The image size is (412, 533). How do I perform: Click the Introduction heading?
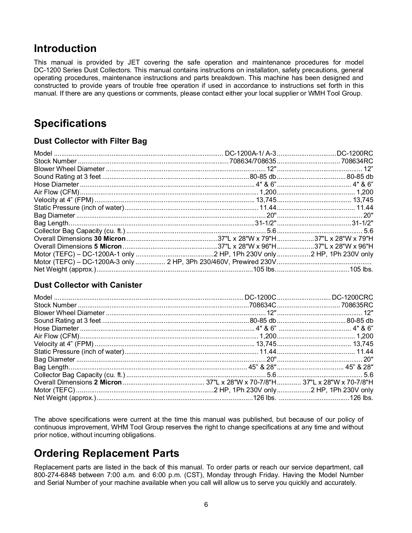point(65,48)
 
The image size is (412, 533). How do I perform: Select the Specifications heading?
point(70,123)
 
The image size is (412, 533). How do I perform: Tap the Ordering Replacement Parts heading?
point(107,453)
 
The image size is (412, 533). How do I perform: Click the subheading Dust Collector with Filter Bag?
point(90,141)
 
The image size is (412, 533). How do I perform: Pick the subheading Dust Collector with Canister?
point(88,285)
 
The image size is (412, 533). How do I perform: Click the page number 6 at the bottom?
point(206,505)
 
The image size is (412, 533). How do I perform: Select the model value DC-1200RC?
point(355,153)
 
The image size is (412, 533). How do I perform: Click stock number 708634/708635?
point(253,161)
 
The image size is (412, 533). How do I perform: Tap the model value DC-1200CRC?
point(352,297)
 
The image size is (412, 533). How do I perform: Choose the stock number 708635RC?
point(357,305)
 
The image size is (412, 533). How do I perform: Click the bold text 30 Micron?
point(110,239)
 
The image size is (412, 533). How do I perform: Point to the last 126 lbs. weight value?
point(361,398)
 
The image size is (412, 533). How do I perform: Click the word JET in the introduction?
point(133,63)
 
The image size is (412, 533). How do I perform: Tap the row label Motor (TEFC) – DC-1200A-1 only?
point(84,254)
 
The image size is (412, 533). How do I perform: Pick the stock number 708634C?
point(263,305)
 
